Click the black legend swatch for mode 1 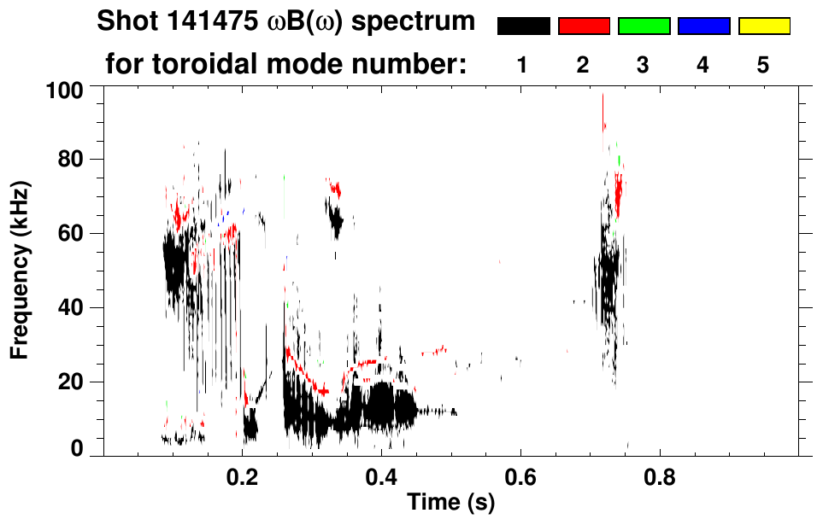click(x=523, y=26)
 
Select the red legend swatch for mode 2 click(x=584, y=26)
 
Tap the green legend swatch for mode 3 click(x=644, y=26)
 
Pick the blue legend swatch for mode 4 click(x=704, y=26)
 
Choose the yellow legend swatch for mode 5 click(x=764, y=26)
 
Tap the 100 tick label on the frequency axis click(x=68, y=90)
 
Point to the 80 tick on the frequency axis click(x=74, y=160)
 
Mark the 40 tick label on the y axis click(x=74, y=308)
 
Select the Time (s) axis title click(x=450, y=503)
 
